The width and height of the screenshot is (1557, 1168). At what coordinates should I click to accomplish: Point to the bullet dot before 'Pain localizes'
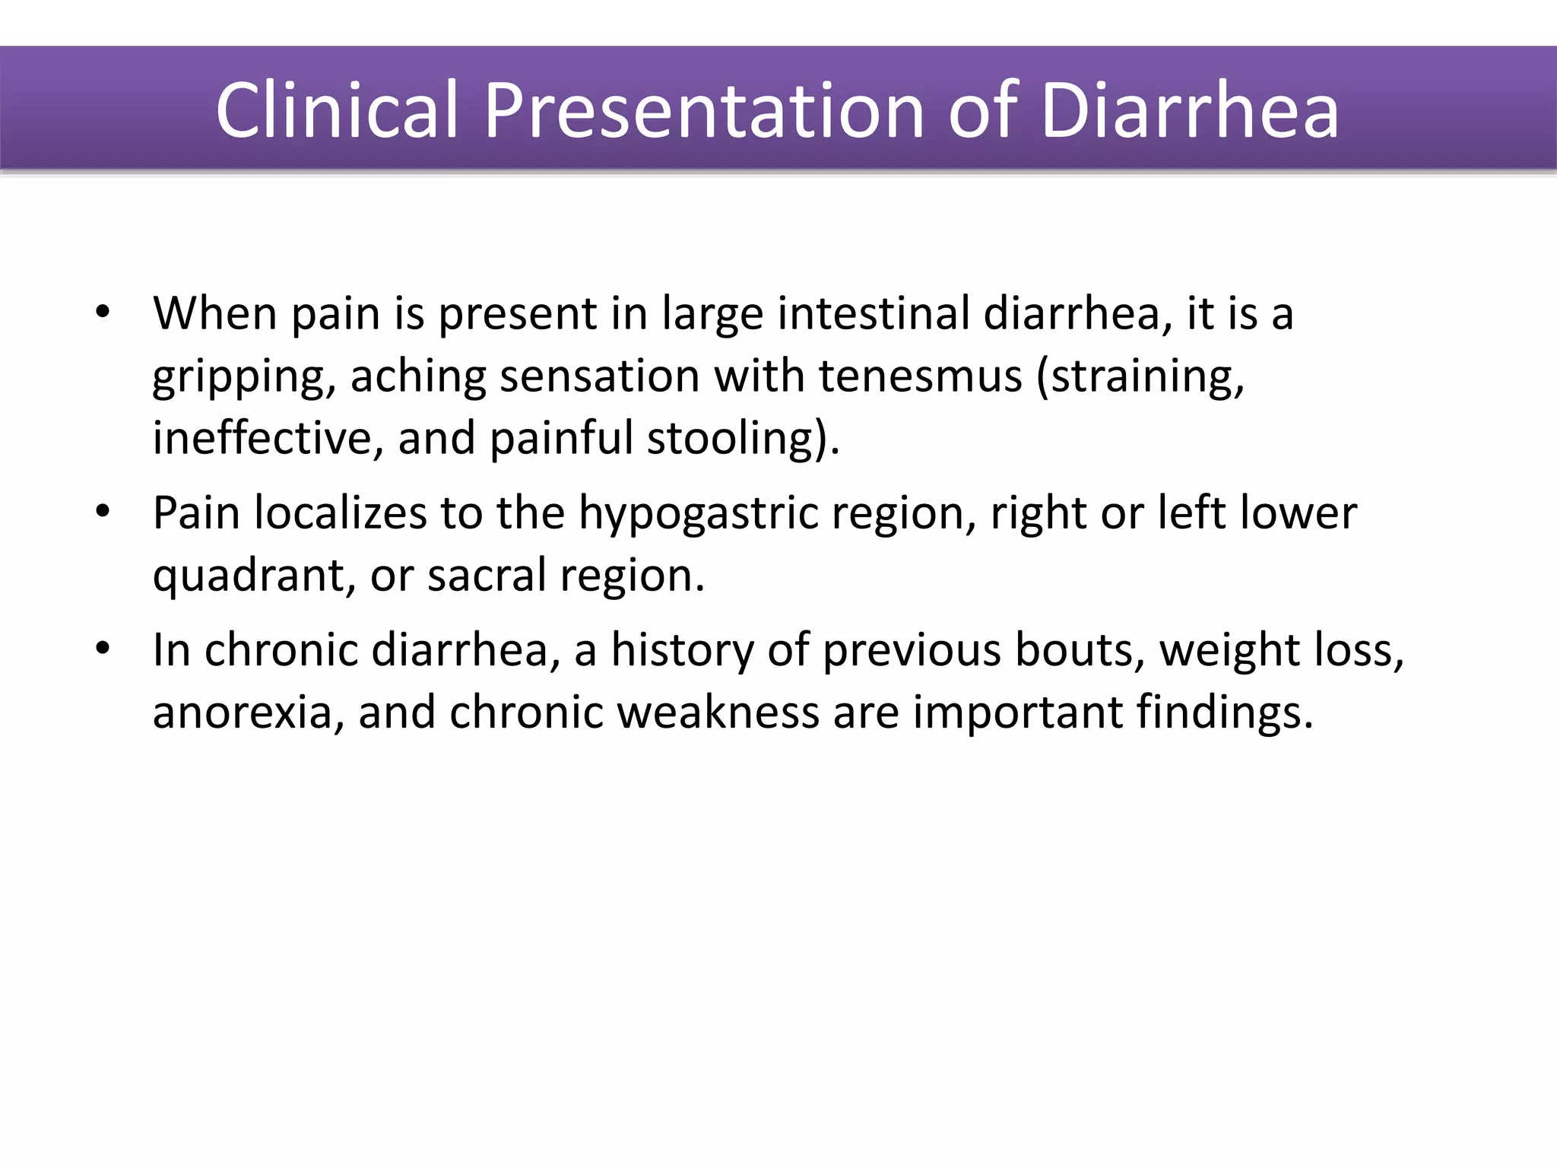click(x=103, y=511)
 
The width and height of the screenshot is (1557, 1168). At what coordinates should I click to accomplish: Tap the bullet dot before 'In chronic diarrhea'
click(x=103, y=649)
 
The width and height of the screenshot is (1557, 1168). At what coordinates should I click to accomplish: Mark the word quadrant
click(x=254, y=576)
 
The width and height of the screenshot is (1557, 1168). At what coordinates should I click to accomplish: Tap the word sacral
click(x=487, y=575)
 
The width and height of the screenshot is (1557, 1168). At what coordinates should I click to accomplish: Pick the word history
click(x=682, y=652)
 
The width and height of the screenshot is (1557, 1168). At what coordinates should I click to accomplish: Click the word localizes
click(x=340, y=513)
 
